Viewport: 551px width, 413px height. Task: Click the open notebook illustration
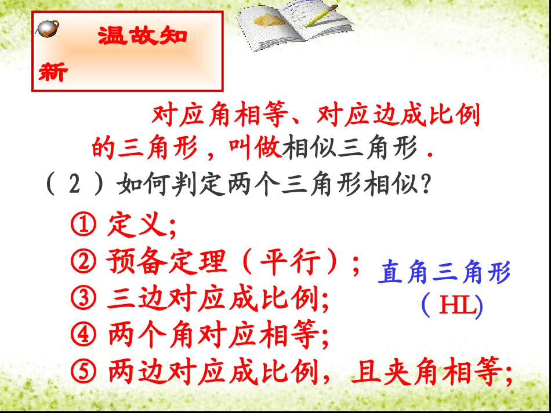coord(296,25)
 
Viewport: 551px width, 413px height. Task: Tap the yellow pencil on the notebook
coord(322,16)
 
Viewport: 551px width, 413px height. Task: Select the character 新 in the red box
coord(53,73)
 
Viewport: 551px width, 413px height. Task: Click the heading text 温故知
coord(142,36)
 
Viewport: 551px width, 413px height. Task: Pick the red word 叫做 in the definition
coord(255,149)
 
